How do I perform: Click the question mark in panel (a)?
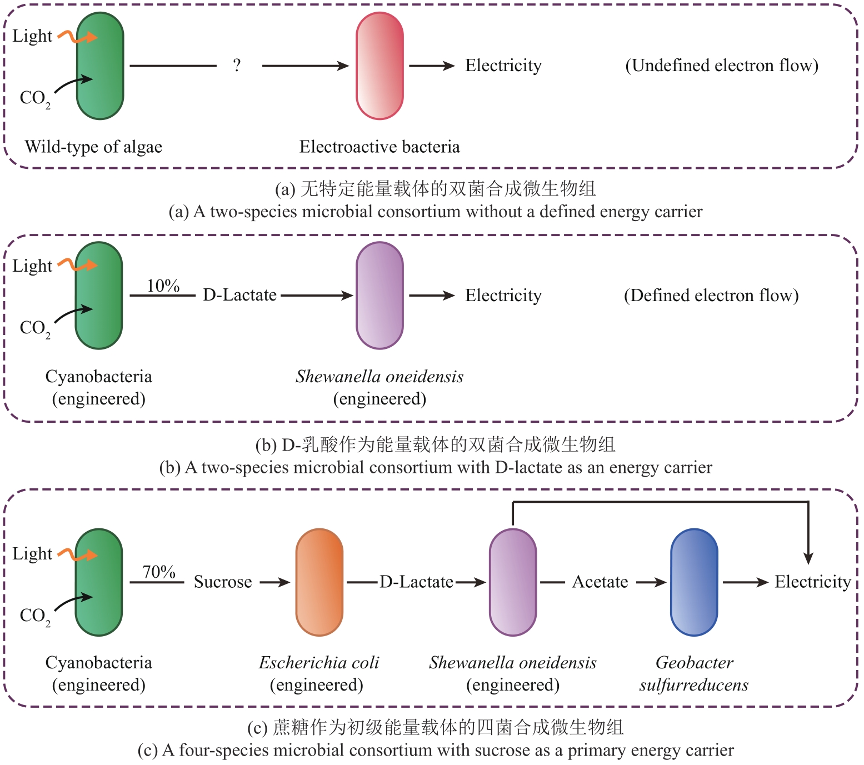(x=237, y=66)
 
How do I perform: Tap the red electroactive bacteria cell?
(x=379, y=66)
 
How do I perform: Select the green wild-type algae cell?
(x=100, y=66)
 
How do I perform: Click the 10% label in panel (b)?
(x=163, y=286)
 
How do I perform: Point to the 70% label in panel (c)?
(x=159, y=572)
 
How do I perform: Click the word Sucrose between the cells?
(x=223, y=582)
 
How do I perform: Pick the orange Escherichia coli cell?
(x=319, y=582)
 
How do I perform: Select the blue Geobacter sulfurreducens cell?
(x=694, y=582)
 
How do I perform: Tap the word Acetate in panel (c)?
(x=600, y=582)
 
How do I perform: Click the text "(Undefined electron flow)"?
(x=722, y=66)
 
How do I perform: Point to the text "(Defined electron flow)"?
(x=711, y=296)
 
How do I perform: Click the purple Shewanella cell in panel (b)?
(x=379, y=296)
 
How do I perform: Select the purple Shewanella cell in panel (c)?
(x=513, y=582)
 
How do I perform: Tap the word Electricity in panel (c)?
(x=813, y=582)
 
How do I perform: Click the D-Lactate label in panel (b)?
(x=239, y=295)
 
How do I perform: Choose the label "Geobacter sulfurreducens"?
(x=694, y=673)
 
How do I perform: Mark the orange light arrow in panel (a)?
(x=78, y=37)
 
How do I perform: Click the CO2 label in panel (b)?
(x=35, y=328)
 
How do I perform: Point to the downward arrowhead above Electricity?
(x=808, y=558)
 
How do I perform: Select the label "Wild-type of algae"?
(x=93, y=147)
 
